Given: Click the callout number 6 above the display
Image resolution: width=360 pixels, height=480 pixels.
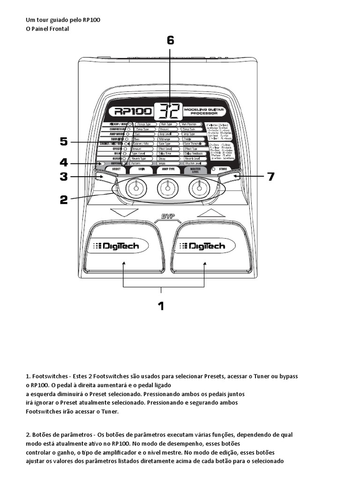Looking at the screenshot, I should click(170, 40).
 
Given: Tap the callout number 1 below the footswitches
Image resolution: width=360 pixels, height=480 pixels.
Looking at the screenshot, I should click(161, 306).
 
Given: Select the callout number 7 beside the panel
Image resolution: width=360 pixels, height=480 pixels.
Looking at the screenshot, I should click(270, 177).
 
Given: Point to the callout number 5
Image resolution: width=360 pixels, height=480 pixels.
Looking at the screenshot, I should click(64, 141).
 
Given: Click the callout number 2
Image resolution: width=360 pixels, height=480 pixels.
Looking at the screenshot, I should click(64, 199).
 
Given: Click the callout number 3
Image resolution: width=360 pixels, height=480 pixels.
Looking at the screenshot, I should click(64, 177).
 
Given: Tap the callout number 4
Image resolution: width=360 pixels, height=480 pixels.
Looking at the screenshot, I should click(64, 163).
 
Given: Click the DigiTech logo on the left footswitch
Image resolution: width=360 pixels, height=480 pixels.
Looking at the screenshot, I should click(119, 246).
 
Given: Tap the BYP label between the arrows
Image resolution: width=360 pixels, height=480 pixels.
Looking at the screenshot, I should click(162, 216).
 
